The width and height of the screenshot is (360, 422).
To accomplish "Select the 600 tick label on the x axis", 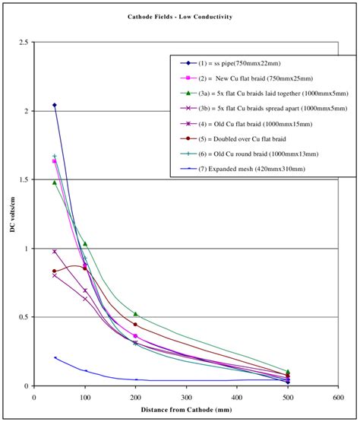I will tap(339, 396).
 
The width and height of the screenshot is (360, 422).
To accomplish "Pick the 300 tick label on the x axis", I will tap(186, 396).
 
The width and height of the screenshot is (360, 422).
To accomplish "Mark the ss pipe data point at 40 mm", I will tap(55, 105).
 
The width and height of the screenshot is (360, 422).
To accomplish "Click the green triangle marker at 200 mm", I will tap(135, 314).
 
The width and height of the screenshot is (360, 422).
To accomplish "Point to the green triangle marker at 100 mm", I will tap(85, 243).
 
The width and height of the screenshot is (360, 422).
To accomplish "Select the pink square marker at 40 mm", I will tap(55, 161).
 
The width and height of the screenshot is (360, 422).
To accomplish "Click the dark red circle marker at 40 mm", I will tap(55, 271).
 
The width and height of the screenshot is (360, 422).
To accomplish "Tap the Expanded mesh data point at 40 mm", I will tap(55, 357).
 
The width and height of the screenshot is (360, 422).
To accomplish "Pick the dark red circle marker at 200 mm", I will tap(135, 325).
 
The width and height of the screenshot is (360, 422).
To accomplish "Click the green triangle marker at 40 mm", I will tap(55, 182).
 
